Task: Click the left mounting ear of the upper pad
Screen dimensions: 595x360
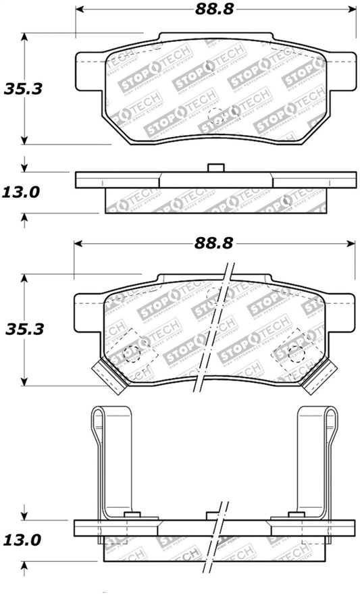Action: pos(88,71)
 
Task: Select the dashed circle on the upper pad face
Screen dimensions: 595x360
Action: pos(215,115)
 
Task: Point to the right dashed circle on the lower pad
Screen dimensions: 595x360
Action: pos(294,351)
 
